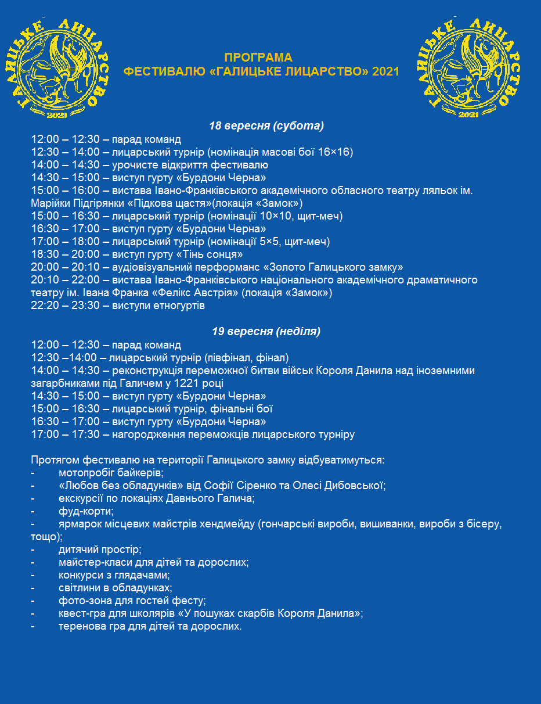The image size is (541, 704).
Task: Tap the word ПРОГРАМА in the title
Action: [x=258, y=58]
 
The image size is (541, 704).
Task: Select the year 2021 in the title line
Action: [x=385, y=71]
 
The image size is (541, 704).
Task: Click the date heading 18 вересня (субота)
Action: [x=266, y=125]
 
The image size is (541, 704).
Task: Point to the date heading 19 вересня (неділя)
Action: [x=266, y=332]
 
